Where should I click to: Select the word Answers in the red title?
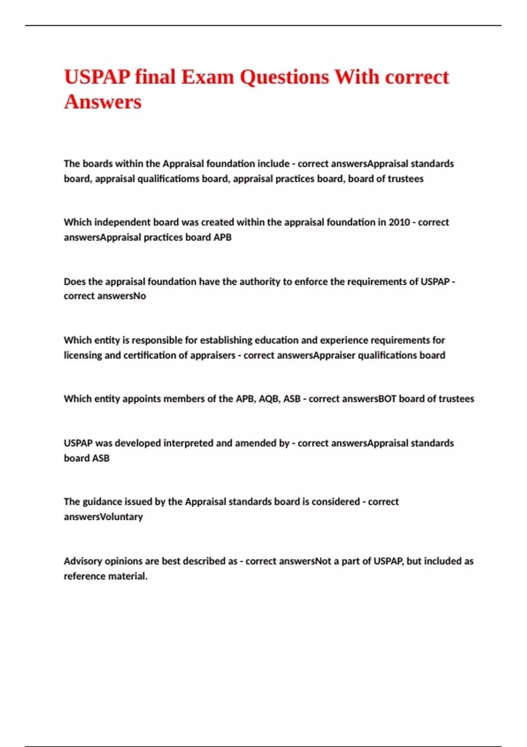103,102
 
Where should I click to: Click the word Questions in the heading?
284,77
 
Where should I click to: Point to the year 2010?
399,222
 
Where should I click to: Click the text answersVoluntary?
103,517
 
